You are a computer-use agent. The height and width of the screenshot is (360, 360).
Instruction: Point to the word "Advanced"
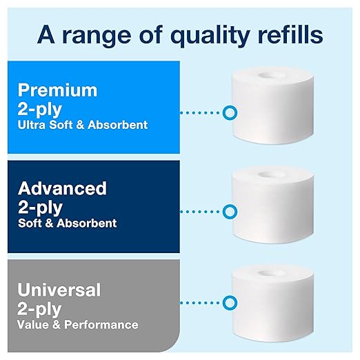tap(62, 188)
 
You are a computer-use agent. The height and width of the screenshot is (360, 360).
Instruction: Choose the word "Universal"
tap(59, 289)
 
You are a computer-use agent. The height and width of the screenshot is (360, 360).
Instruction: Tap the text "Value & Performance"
tap(78, 324)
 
